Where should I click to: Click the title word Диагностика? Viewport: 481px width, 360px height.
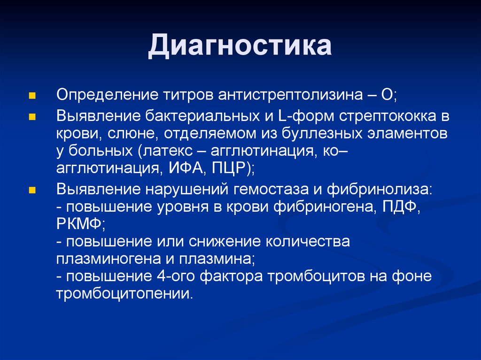tap(240, 46)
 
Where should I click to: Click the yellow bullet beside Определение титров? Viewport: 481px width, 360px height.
tap(32, 96)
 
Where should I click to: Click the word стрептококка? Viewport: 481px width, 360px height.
tap(388, 116)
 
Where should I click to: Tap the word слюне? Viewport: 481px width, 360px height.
tap(133, 134)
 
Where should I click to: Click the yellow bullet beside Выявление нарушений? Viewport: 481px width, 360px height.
tap(32, 191)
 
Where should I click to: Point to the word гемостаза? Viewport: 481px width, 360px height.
tap(271, 190)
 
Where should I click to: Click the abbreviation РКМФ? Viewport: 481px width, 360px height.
tap(79, 224)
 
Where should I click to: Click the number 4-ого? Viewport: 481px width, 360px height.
tap(176, 276)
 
